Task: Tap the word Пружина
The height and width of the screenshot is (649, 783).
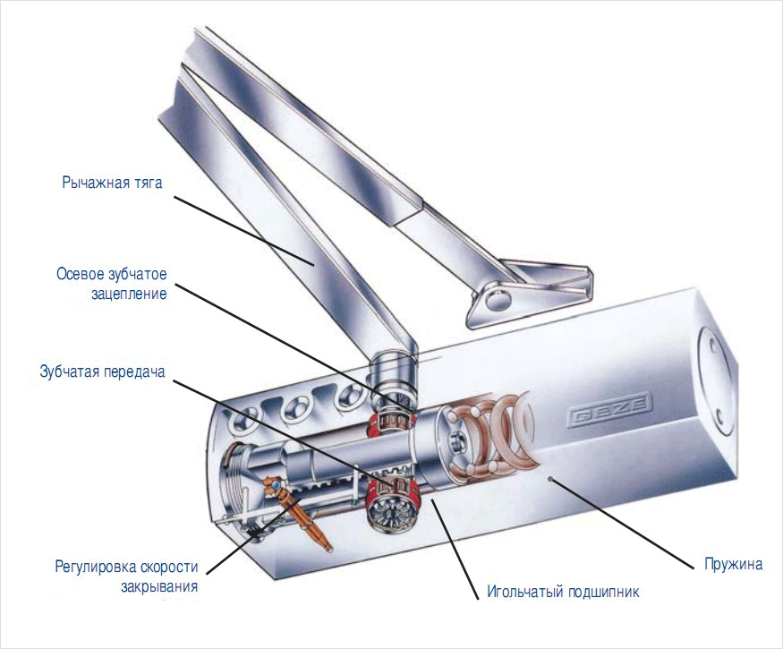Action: [732, 565]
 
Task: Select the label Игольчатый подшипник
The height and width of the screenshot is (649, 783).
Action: [563, 592]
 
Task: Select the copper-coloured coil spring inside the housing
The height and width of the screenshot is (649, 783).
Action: [501, 439]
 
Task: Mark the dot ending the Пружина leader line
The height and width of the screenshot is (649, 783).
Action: [551, 480]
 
